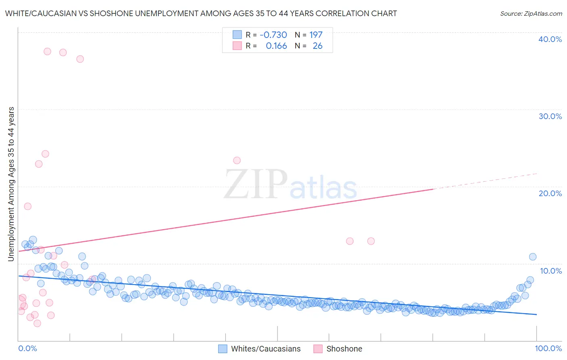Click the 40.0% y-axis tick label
(550, 39)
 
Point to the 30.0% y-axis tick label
(550, 116)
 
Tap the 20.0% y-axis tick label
(550, 193)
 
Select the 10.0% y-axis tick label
(550, 271)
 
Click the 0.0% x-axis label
(27, 348)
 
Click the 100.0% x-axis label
(548, 348)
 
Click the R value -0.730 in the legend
(273, 35)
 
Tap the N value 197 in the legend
(316, 35)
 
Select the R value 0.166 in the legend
(276, 46)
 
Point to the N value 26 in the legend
(317, 46)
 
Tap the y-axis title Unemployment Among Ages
(11, 184)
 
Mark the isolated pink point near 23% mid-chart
(237, 160)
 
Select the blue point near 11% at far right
(532, 257)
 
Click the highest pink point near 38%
(47, 51)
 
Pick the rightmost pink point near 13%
(371, 241)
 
